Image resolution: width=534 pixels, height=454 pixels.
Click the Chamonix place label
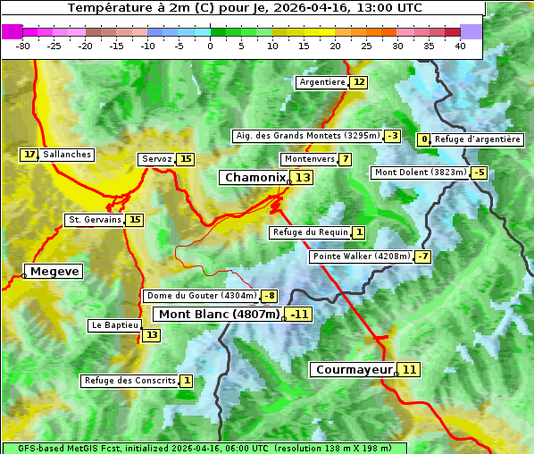[254, 178]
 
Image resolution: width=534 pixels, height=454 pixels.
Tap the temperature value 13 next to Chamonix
[304, 178]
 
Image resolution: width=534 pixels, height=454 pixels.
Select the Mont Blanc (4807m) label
[219, 314]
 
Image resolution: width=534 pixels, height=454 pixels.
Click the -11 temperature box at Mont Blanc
[298, 314]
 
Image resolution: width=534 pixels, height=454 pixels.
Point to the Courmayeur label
[354, 369]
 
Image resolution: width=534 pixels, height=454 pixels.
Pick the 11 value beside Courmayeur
[408, 369]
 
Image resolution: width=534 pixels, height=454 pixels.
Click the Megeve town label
[54, 271]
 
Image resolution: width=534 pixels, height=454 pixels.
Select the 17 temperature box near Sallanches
[29, 155]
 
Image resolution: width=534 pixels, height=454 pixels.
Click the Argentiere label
[321, 82]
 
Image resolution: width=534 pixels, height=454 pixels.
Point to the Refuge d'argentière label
[477, 139]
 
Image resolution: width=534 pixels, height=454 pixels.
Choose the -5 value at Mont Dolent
[480, 172]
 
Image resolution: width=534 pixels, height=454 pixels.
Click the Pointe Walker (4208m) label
[361, 256]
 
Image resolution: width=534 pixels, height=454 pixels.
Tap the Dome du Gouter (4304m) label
[202, 296]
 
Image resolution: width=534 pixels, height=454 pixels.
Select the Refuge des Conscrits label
[129, 381]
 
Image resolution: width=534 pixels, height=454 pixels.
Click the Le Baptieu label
[113, 325]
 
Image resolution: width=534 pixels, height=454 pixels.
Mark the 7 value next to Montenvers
[345, 159]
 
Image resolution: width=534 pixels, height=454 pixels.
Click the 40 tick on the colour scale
[460, 46]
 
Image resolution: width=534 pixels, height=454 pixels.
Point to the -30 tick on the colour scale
[23, 46]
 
